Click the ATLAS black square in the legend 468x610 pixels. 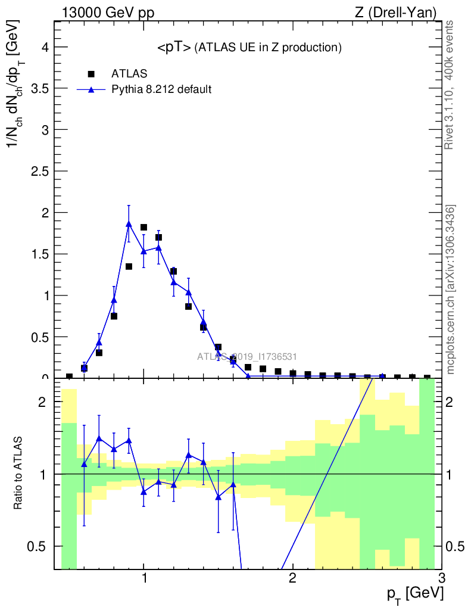pos(91,74)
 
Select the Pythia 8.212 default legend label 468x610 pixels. pos(161,90)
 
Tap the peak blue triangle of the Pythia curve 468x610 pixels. pos(129,224)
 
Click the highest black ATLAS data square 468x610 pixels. pos(143,228)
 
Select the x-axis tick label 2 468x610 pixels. pos(292,578)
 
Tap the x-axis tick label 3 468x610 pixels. pos(441,578)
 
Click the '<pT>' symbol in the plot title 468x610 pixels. pos(173,48)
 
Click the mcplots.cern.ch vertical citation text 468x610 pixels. pos(451,290)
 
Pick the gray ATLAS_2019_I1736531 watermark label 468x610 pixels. pos(247,356)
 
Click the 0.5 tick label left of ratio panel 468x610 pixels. pos(39,546)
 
